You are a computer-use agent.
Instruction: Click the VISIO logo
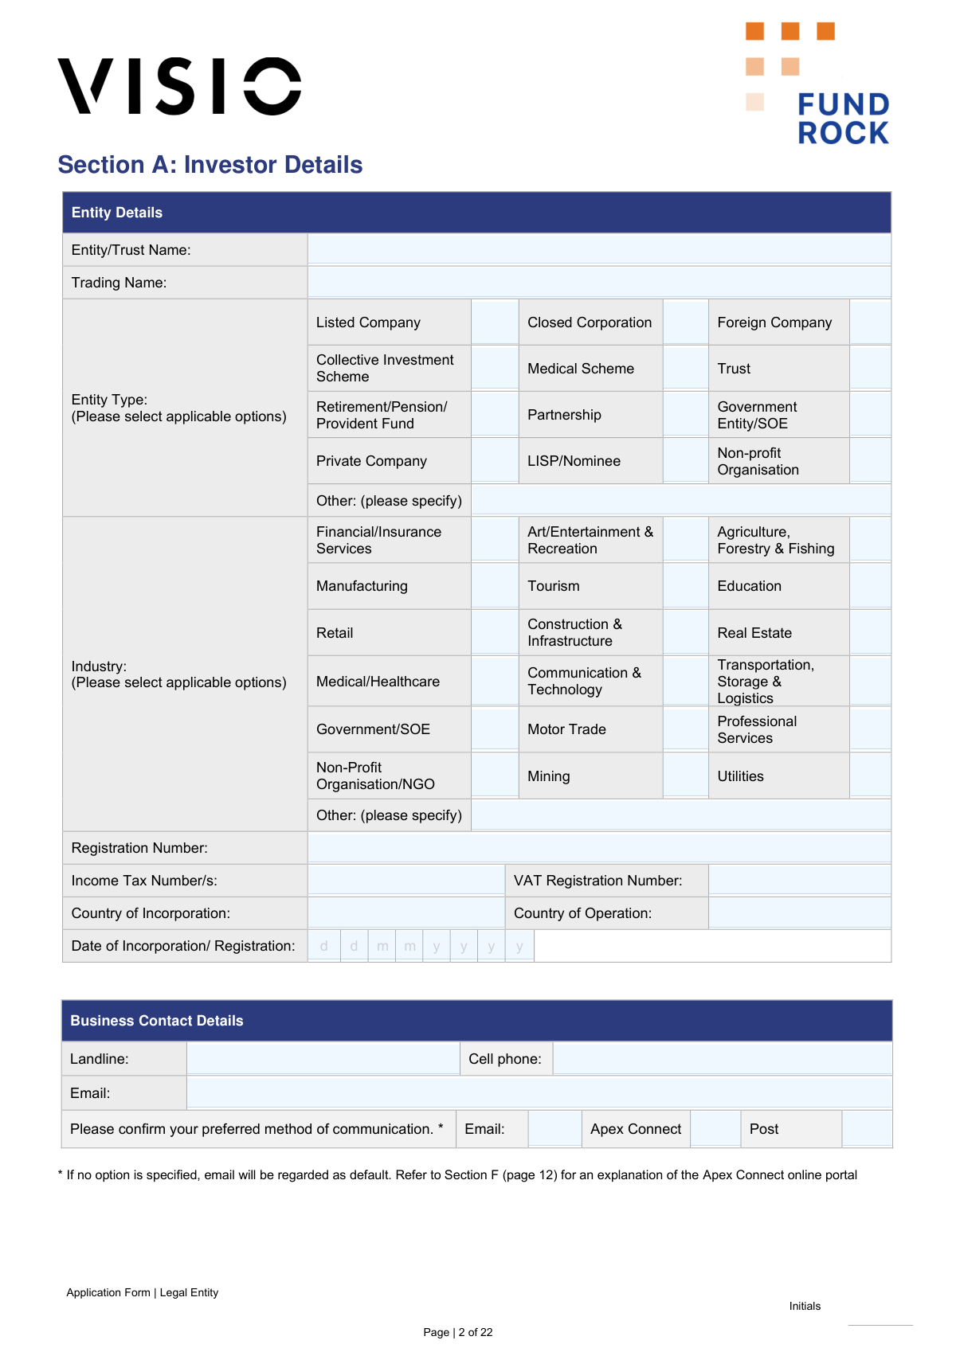pyautogui.click(x=179, y=86)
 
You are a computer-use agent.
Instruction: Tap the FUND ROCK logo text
pyautogui.click(x=843, y=118)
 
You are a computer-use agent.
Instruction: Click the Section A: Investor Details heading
pyautogui.click(x=210, y=165)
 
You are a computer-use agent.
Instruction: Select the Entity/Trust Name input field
pyautogui.click(x=598, y=249)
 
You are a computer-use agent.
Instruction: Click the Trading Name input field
pyautogui.click(x=598, y=282)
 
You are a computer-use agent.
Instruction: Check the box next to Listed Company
pyautogui.click(x=495, y=322)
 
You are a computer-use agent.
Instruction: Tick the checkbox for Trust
pyautogui.click(x=870, y=368)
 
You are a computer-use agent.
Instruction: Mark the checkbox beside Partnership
pyautogui.click(x=685, y=414)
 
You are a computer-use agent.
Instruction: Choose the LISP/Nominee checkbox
pyautogui.click(x=685, y=460)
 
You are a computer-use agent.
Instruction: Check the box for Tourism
pyautogui.click(x=685, y=586)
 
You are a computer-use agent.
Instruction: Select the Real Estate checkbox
pyautogui.click(x=870, y=632)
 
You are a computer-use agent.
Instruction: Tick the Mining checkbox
pyautogui.click(x=685, y=776)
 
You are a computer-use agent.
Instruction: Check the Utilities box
pyautogui.click(x=870, y=776)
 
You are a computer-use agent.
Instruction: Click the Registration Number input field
pyautogui.click(x=598, y=847)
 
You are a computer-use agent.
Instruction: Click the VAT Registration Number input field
pyautogui.click(x=799, y=880)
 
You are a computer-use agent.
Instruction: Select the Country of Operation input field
pyautogui.click(x=799, y=912)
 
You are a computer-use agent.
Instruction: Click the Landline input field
pyautogui.click(x=323, y=1058)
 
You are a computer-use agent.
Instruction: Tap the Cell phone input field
pyautogui.click(x=722, y=1058)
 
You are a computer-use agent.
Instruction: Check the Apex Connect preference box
pyautogui.click(x=715, y=1128)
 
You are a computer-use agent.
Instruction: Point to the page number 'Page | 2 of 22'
pyautogui.click(x=458, y=1332)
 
